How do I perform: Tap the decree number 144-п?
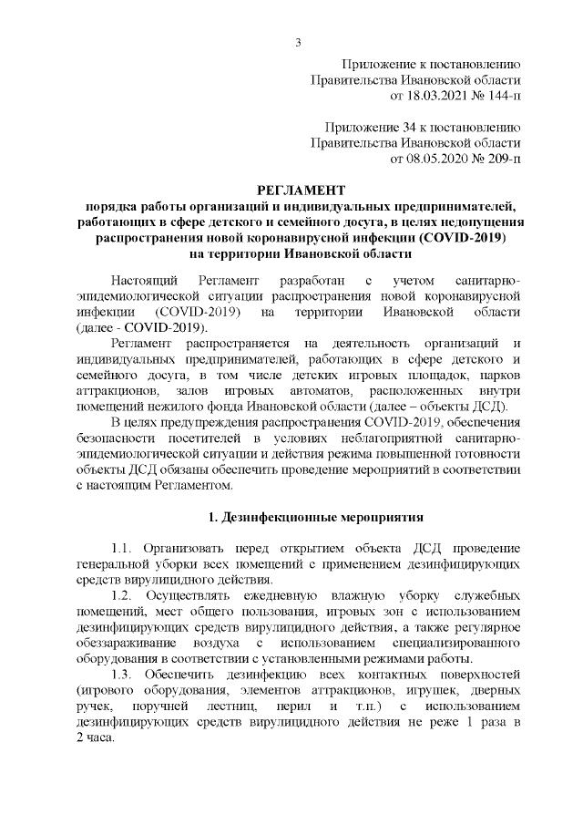click(498, 95)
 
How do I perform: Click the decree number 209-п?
click(498, 159)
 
